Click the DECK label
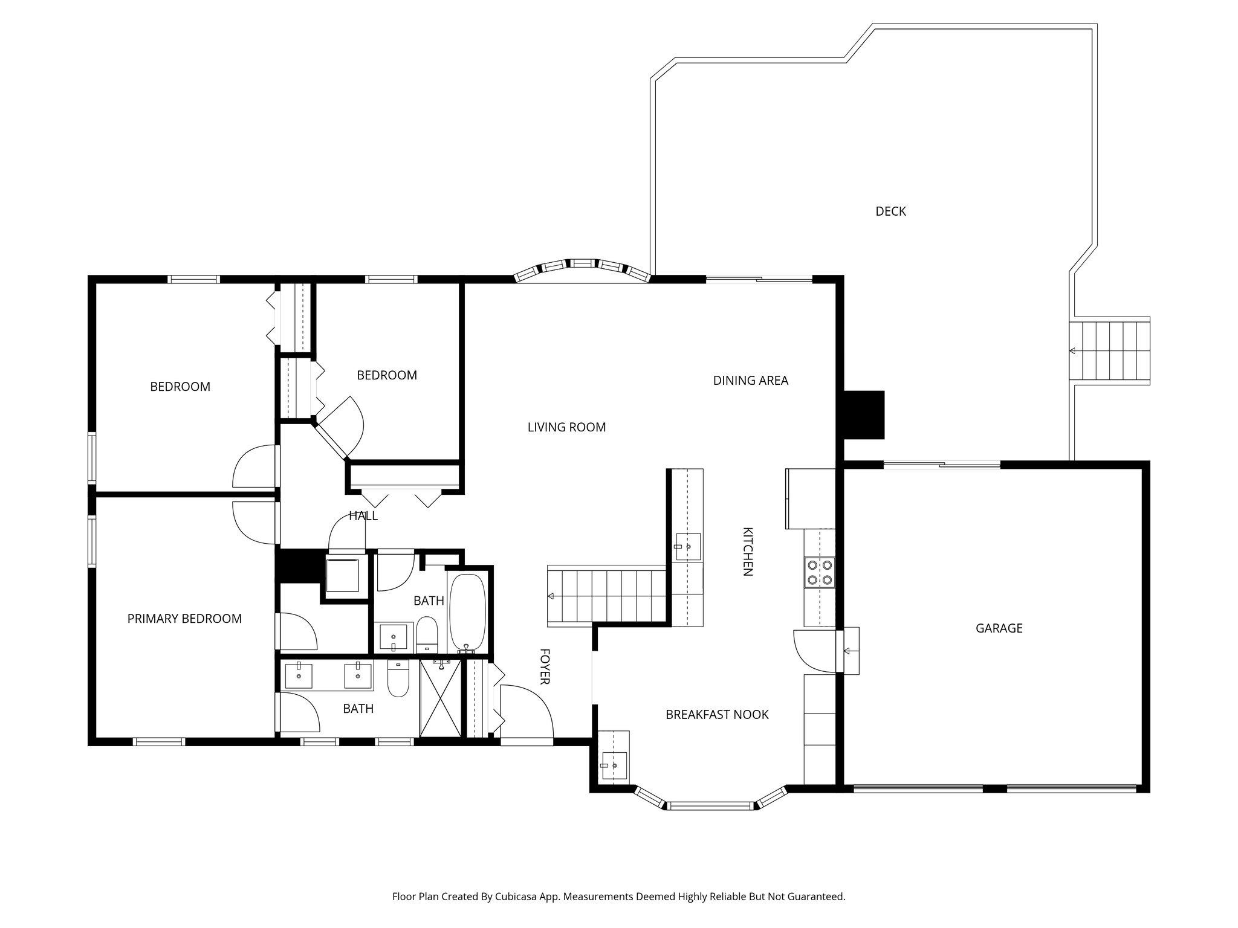coord(890,211)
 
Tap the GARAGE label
coord(999,628)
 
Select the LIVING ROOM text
coord(566,428)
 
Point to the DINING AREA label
coord(750,381)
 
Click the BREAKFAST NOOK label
coord(717,715)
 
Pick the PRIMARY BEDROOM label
coord(184,619)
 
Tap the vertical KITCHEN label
coord(748,552)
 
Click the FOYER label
coord(544,666)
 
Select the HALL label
coord(363,516)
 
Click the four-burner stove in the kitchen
coord(819,572)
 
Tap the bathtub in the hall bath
coord(467,613)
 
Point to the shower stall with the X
coord(440,698)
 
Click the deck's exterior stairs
coord(1109,350)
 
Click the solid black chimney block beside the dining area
coord(864,414)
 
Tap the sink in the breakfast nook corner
coord(614,765)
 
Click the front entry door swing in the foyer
coord(527,710)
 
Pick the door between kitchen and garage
coord(815,651)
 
